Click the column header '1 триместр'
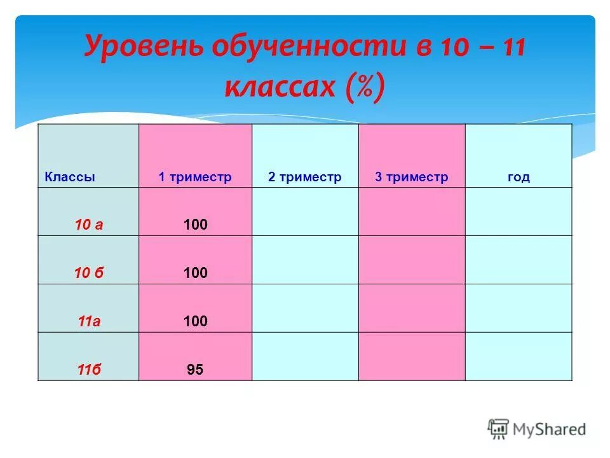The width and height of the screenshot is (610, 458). [195, 177]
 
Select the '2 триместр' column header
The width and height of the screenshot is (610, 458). [304, 177]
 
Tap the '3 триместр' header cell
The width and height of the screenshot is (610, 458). [411, 177]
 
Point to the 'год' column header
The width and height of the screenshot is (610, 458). [518, 177]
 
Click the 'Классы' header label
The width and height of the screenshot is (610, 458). [70, 177]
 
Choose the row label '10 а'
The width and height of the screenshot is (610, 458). [89, 225]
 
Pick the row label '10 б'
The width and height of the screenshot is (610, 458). [89, 273]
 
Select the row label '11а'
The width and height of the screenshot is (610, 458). [89, 321]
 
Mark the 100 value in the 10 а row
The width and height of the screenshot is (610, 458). [195, 225]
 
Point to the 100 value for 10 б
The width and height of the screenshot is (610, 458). [195, 273]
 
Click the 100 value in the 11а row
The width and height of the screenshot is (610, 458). [195, 321]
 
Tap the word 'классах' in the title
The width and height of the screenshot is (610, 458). [280, 87]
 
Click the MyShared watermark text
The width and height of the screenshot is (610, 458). [549, 429]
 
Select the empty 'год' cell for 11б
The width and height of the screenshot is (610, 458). [518, 356]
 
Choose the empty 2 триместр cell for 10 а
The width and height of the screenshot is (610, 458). [305, 211]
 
